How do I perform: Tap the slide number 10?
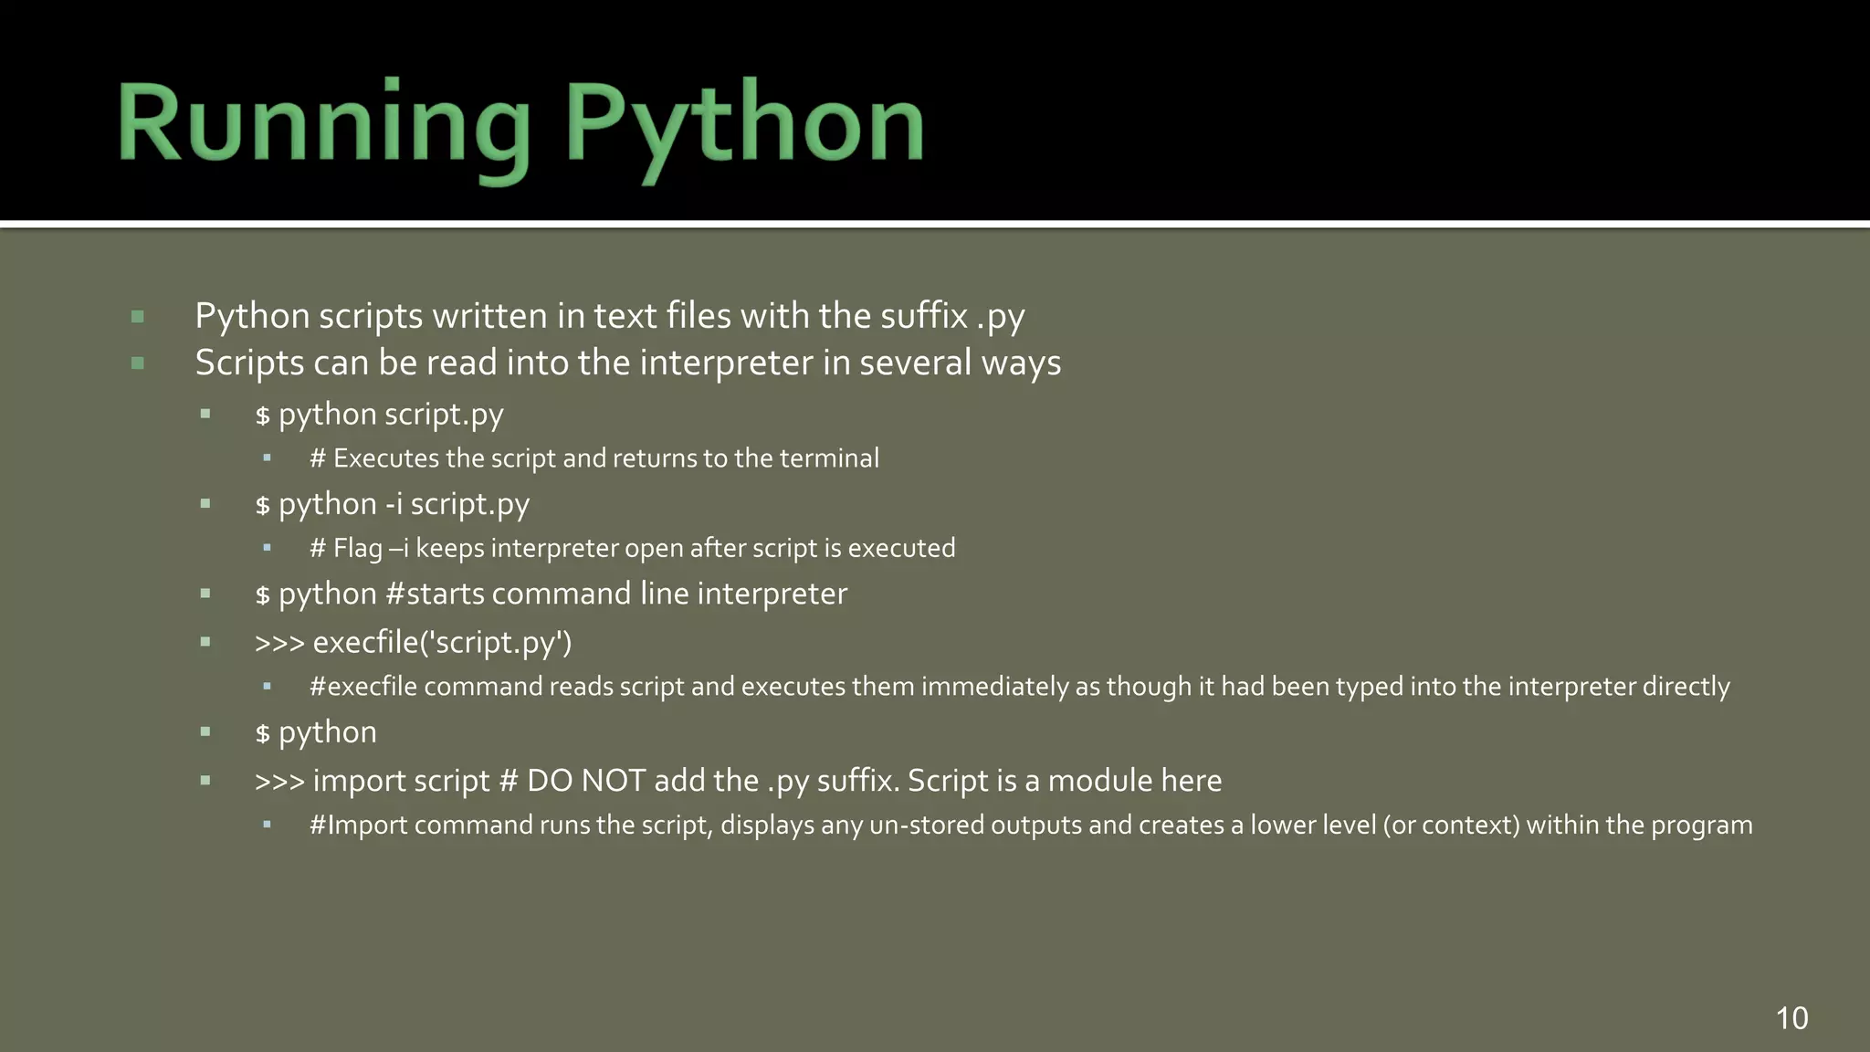point(1791,1018)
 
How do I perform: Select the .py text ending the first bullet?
point(1001,317)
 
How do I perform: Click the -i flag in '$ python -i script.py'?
point(394,504)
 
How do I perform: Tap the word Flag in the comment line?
point(357,548)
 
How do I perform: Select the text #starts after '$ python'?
point(435,594)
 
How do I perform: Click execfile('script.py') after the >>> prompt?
point(442,643)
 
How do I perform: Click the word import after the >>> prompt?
point(355,781)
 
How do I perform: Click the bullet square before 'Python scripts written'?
point(138,317)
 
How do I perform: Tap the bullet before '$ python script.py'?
point(205,415)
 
